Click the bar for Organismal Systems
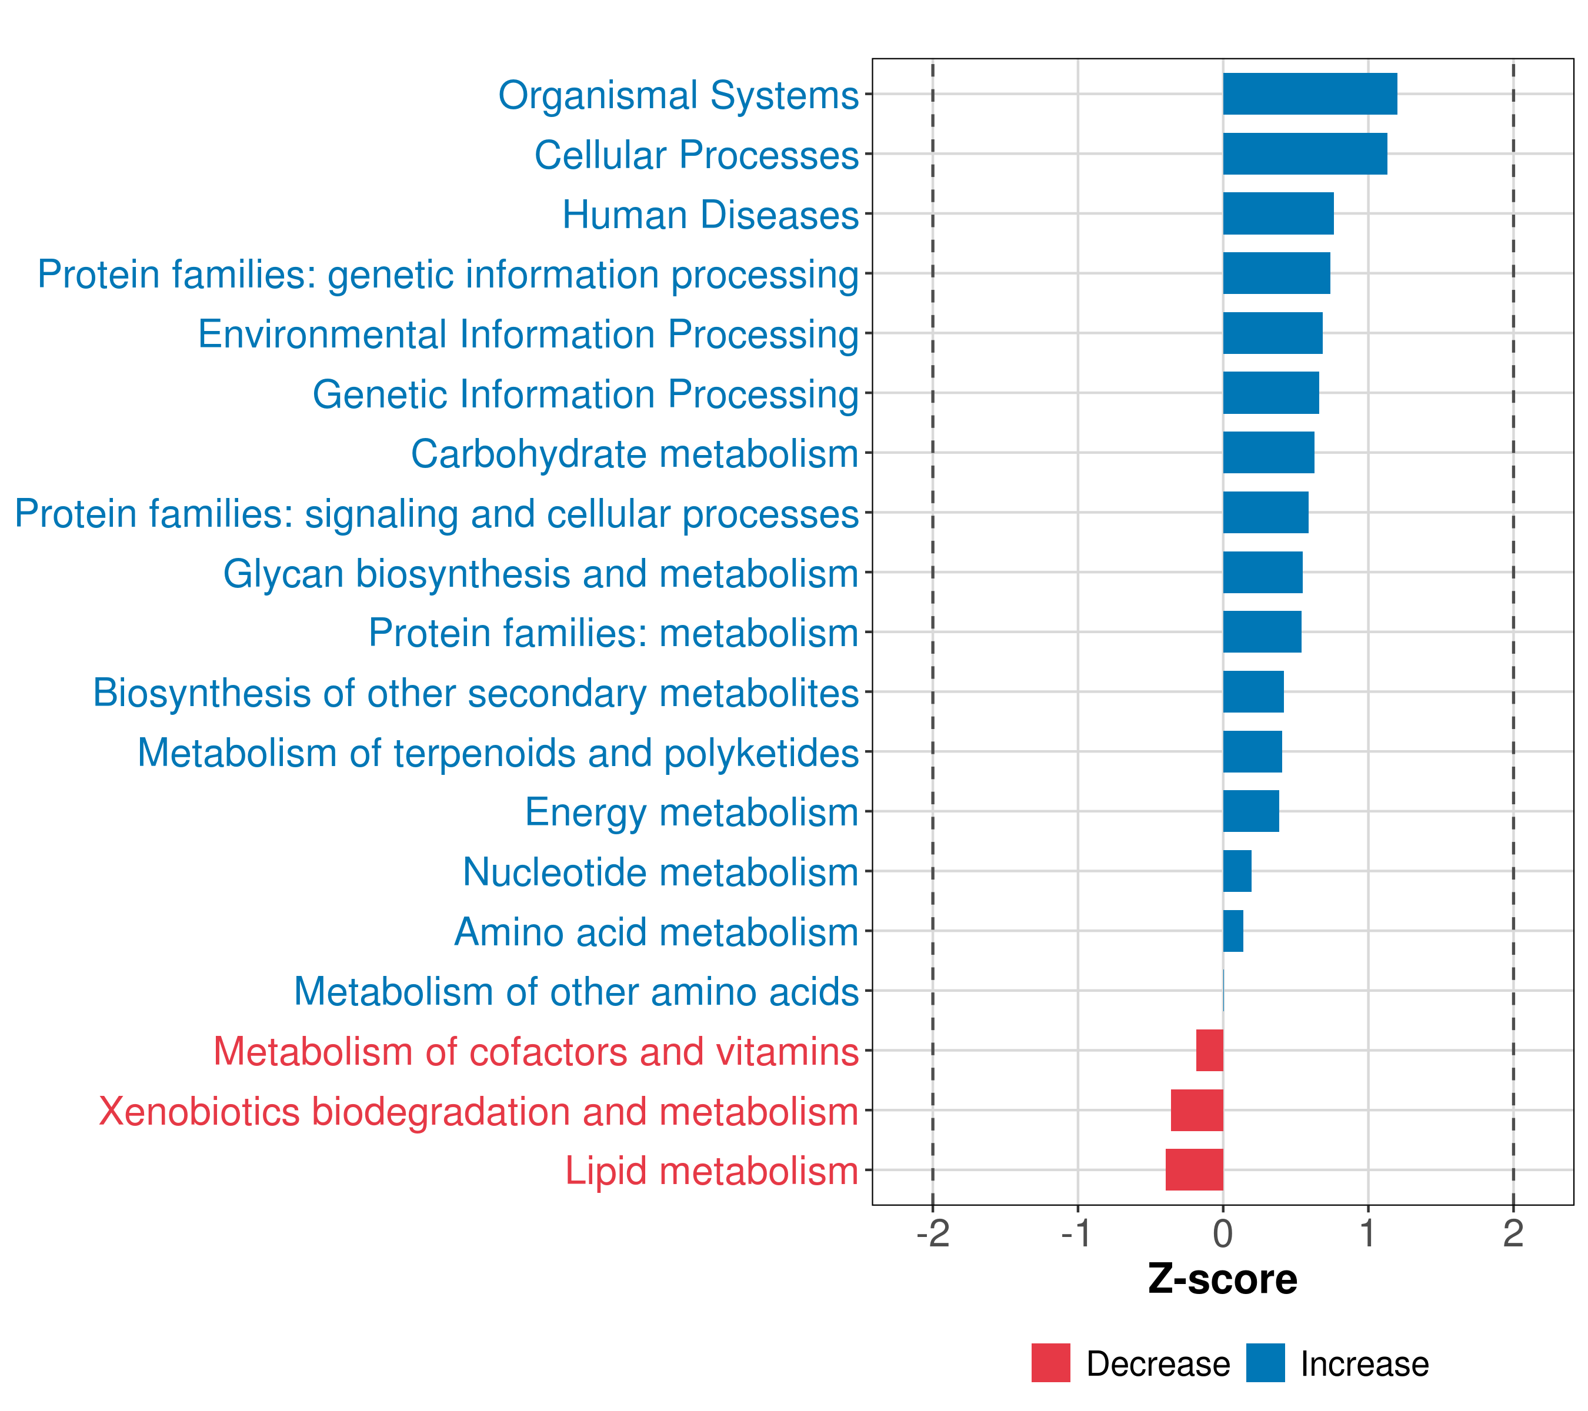(1309, 94)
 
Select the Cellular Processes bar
(1305, 154)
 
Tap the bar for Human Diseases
(1278, 213)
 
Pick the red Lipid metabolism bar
(1194, 1169)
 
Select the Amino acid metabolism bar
(1233, 930)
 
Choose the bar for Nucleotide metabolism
(1237, 871)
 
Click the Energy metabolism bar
(1251, 811)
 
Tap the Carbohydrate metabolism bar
(1268, 453)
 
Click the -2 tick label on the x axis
(932, 1233)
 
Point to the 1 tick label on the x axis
(1367, 1233)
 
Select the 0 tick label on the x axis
(1223, 1233)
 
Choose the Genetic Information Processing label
(585, 394)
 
